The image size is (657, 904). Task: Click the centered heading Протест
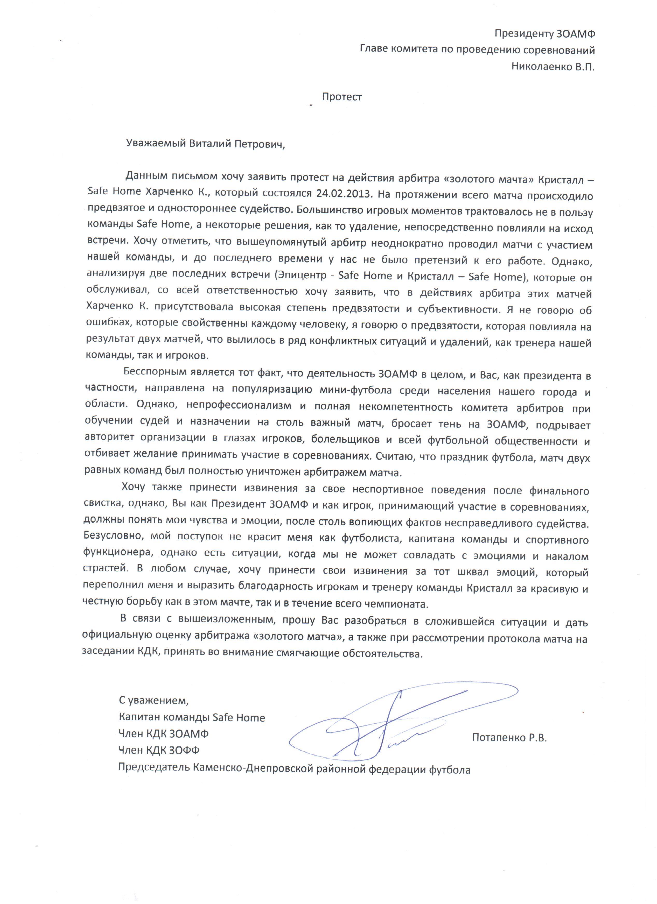click(x=342, y=97)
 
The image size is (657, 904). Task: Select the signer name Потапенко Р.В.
click(x=509, y=737)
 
